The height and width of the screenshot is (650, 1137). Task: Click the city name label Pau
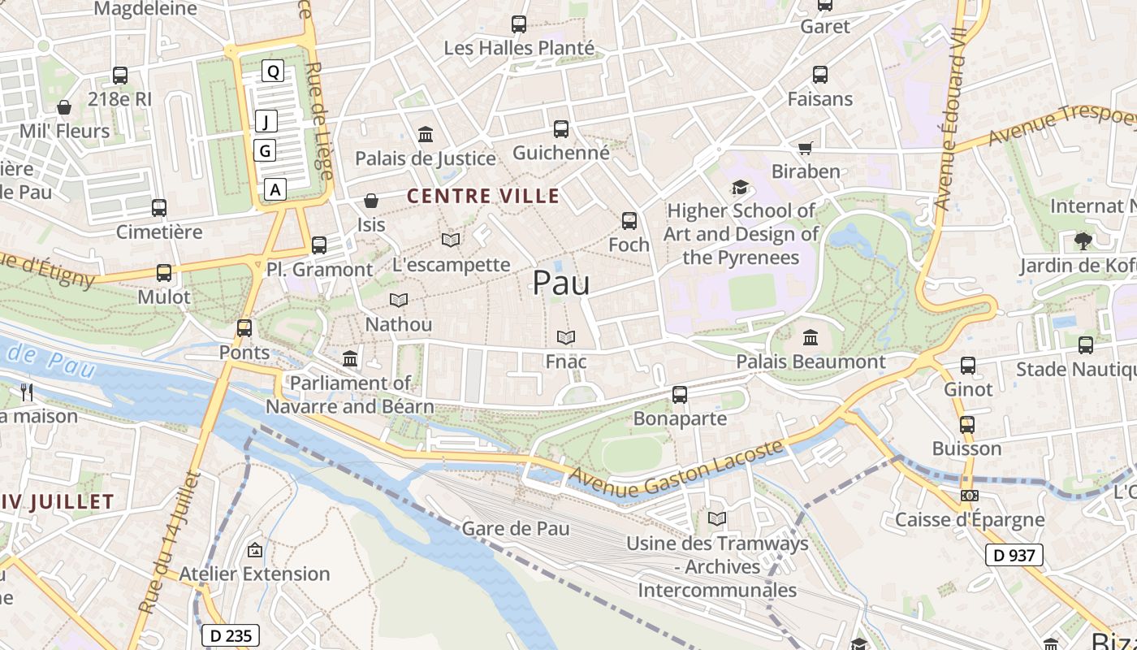(560, 283)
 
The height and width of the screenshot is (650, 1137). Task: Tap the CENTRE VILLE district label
(483, 196)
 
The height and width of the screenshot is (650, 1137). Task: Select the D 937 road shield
(1014, 555)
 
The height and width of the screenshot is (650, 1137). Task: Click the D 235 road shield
(230, 635)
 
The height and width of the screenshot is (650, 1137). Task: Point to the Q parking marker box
(274, 71)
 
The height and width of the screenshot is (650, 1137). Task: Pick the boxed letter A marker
(276, 189)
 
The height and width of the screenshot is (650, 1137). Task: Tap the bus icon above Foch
(629, 220)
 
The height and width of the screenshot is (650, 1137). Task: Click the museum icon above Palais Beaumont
(810, 337)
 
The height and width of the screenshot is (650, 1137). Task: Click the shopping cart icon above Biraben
(805, 148)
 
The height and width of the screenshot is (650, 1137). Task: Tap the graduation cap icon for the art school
(740, 188)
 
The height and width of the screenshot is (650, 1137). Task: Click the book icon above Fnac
(566, 337)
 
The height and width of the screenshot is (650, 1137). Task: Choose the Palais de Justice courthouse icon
(426, 134)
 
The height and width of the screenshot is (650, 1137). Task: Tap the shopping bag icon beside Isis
(371, 200)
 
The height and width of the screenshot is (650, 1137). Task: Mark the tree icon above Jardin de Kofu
(1083, 240)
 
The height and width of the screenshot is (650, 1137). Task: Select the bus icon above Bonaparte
(680, 395)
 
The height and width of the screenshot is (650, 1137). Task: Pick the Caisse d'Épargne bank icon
(969, 495)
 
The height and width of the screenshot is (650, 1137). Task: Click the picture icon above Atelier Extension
(255, 550)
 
